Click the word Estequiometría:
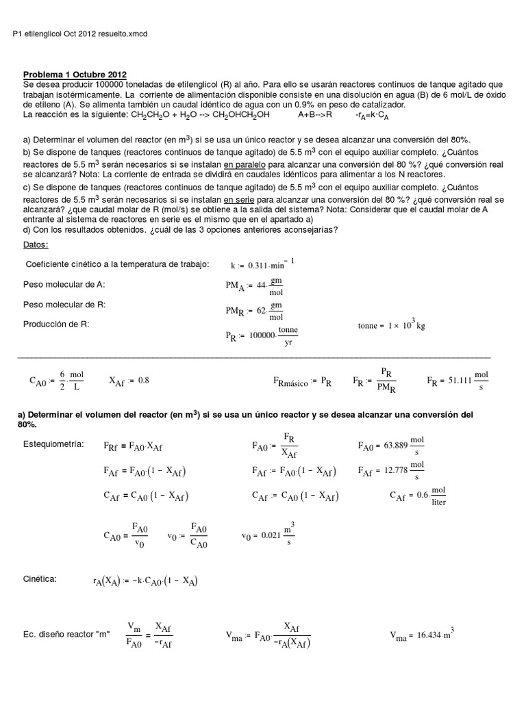tap(53, 444)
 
